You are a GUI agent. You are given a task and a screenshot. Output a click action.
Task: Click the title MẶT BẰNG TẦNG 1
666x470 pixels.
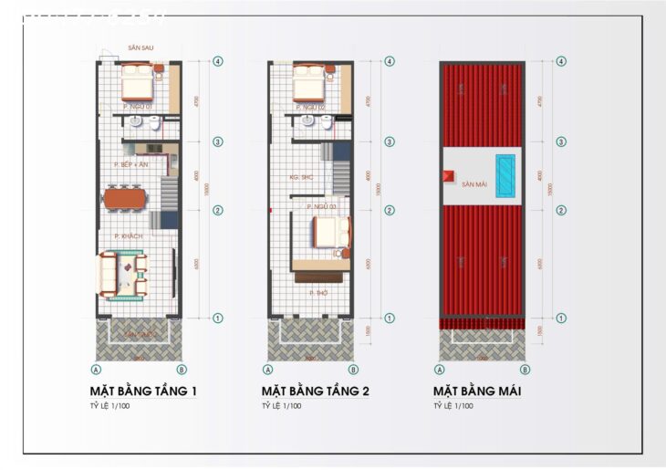[144, 392]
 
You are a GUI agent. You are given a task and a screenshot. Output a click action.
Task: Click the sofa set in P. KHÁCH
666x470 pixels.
[123, 274]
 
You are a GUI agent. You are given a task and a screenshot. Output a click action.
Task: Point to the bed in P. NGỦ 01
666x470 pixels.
[138, 83]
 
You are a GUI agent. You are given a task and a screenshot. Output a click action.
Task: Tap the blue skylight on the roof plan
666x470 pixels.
[505, 170]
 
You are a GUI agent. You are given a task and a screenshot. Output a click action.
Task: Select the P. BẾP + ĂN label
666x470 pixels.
[131, 164]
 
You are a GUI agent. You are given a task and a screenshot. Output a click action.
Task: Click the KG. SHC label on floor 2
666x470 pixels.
[301, 176]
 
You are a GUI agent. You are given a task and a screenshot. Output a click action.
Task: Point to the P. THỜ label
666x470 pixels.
[318, 293]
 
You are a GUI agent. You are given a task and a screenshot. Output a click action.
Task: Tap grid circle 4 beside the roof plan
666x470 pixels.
[561, 61]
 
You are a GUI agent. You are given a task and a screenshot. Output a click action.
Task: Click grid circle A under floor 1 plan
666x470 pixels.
[96, 370]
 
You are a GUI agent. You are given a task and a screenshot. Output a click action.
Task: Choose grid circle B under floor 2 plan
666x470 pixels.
[353, 370]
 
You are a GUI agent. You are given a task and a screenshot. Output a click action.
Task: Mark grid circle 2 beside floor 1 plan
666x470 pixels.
[218, 210]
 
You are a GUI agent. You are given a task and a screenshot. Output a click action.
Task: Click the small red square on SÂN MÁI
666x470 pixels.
[449, 177]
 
